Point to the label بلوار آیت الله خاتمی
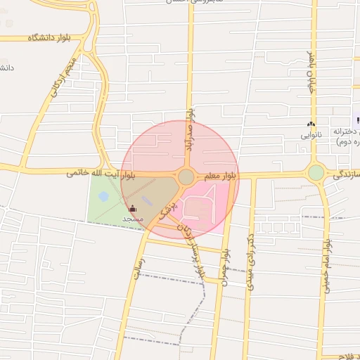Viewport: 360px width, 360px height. click(100, 172)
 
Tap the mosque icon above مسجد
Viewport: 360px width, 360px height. click(134, 209)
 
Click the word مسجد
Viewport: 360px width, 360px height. click(133, 219)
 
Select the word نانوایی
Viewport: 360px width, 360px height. click(311, 134)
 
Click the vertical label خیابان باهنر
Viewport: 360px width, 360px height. click(312, 71)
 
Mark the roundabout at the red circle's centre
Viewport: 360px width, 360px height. click(186, 177)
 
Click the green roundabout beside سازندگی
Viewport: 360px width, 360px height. click(316, 172)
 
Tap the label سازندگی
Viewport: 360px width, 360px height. click(345, 174)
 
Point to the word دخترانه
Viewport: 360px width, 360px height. click(342, 132)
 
